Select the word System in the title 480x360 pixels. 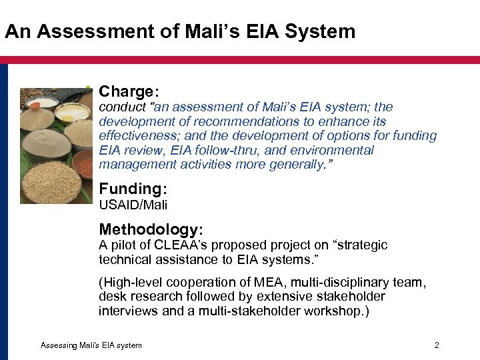point(323,31)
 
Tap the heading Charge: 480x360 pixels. point(129,91)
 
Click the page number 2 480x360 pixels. point(437,345)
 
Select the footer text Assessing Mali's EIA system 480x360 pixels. point(91,345)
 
